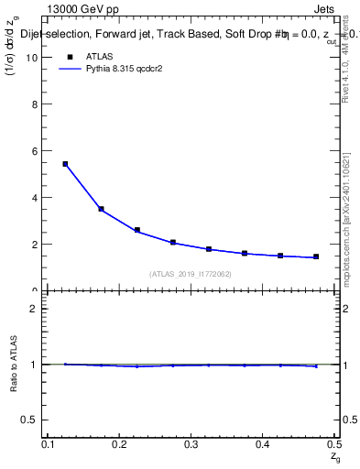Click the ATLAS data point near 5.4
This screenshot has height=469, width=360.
click(65, 164)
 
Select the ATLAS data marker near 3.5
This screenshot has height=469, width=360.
click(102, 209)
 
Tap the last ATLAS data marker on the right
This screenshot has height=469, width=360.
click(316, 256)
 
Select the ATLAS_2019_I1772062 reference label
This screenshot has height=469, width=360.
click(191, 274)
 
